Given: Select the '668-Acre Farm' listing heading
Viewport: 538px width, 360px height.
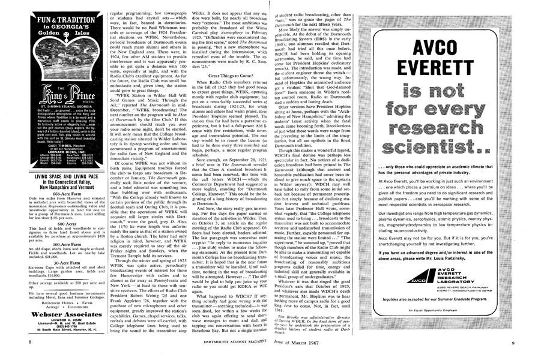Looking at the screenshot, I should (x=53, y=194).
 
